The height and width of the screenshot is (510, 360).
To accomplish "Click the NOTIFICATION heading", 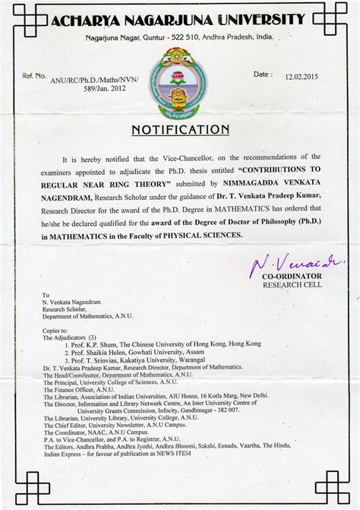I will [x=180, y=130].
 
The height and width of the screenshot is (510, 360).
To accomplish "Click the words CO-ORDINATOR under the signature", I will [x=292, y=276].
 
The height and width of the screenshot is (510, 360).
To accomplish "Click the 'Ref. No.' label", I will [x=34, y=76].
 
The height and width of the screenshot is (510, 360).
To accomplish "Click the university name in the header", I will [x=180, y=18].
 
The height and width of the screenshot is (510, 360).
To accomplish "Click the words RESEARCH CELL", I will [x=292, y=285].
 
